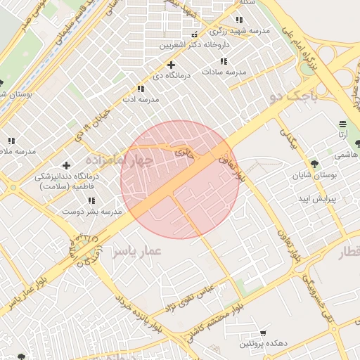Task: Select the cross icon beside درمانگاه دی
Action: (x=171, y=65)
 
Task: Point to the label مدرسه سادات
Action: (x=224, y=72)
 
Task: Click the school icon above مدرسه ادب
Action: (x=141, y=89)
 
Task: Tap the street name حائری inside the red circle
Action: (x=183, y=151)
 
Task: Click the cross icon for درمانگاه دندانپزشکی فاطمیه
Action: (x=66, y=165)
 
